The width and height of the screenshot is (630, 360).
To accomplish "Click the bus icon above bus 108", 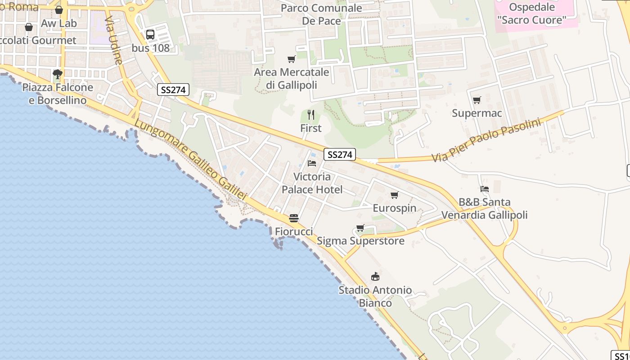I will pos(150,34).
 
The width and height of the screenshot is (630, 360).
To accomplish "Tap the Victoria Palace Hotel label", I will pos(312,183).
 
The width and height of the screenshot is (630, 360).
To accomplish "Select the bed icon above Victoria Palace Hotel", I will pos(312,163).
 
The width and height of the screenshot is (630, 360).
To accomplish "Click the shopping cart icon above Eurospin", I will pos(395,195).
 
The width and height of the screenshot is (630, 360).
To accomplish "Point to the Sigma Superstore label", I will pos(360,241).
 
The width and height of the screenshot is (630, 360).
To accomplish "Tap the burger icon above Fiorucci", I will pos(294,218).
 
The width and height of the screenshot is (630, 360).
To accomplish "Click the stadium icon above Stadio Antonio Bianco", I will pos(375,276).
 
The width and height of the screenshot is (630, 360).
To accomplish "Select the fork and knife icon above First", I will pos(310,115).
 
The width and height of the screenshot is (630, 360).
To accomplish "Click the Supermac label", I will pos(477,113).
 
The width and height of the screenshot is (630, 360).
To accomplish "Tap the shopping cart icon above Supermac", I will pos(477,100).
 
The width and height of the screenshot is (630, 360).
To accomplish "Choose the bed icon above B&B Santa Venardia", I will pos(484,189).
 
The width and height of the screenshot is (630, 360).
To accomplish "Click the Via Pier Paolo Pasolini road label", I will pos(486,140).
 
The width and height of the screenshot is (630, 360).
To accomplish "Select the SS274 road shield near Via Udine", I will pos(173,90).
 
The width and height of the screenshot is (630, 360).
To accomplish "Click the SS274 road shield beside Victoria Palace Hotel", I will pos(339,154).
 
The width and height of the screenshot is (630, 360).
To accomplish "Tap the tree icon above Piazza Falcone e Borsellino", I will pos(57,74).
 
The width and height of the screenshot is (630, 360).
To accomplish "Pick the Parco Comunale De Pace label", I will pos(321,14).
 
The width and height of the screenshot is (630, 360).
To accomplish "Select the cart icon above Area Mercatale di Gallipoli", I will pos(292,59).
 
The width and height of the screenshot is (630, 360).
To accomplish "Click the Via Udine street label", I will pos(114,40).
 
